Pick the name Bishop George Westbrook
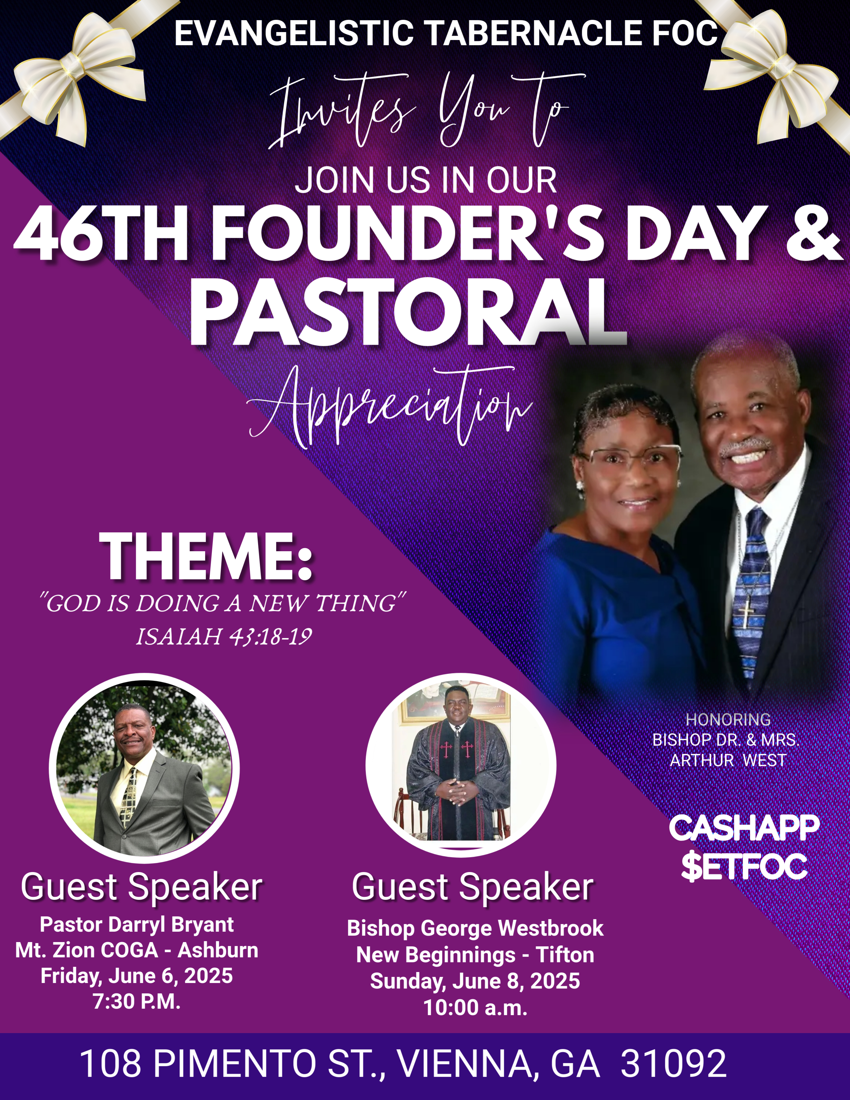475,928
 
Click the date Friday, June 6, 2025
137,976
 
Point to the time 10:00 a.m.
475,1007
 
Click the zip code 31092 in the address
674,1063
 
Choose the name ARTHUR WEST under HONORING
728,760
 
